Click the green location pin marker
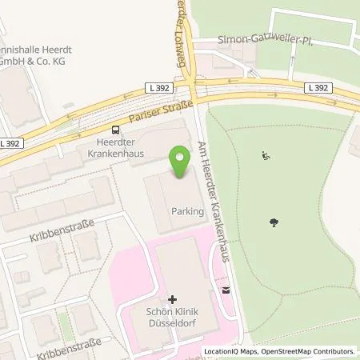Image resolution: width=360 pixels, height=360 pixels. [180, 163]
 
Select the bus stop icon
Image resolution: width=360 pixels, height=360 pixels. [117, 129]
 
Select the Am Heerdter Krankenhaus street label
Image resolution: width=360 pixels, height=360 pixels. [214, 199]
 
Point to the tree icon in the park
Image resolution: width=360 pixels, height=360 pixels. [276, 223]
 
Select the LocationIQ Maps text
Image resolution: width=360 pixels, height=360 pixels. [229, 351]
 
